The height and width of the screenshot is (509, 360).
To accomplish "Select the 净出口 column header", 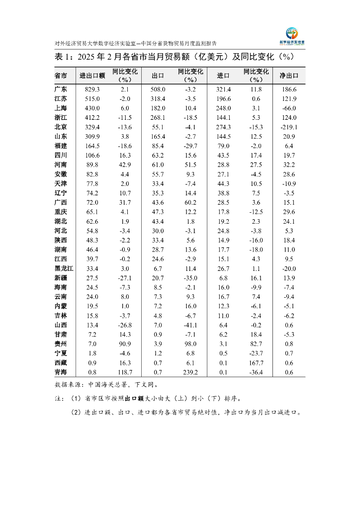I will click(x=289, y=76).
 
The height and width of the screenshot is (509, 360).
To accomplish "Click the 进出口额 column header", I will click(x=92, y=76).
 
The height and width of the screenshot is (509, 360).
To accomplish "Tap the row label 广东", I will click(x=61, y=89).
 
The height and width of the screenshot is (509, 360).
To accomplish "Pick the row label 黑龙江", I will click(x=64, y=268).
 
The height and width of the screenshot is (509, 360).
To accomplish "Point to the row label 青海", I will click(x=61, y=372).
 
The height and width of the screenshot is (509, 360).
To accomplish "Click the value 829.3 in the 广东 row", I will click(x=92, y=89).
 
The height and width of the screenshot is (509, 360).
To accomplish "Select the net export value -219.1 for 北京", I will click(x=289, y=127).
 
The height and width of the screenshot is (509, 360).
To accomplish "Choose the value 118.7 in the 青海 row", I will click(x=125, y=372).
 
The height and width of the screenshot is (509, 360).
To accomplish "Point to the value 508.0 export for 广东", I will click(x=158, y=89).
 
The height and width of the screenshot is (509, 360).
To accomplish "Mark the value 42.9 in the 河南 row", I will click(x=125, y=165).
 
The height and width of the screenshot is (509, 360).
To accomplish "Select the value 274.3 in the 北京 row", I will click(x=223, y=127).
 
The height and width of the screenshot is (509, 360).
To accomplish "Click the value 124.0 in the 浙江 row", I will click(x=289, y=117).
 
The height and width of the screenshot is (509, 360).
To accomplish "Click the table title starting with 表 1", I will click(x=175, y=57).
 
